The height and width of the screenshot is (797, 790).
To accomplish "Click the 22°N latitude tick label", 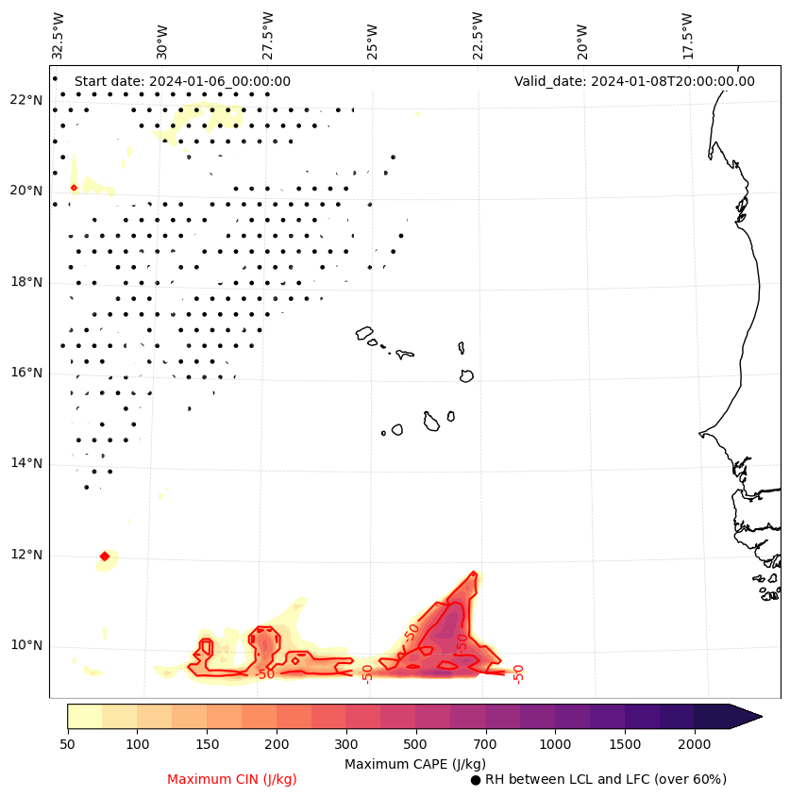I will (x=25, y=100).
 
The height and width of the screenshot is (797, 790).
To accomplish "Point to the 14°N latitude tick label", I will (x=25, y=463).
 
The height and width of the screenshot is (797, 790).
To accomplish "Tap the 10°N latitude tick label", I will (x=25, y=645).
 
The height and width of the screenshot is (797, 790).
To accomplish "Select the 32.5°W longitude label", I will (x=59, y=36).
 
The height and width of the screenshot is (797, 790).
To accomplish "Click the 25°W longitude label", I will (x=372, y=36).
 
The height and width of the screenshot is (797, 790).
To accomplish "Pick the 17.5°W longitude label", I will (x=686, y=36).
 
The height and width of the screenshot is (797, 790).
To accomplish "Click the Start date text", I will (x=182, y=81).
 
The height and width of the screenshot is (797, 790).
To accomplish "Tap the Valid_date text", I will (x=634, y=81).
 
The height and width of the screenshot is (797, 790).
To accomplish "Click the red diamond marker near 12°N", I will (x=104, y=556).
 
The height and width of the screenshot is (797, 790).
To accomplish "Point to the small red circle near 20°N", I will (x=74, y=188).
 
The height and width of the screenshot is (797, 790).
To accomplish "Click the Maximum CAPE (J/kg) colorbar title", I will (x=415, y=763).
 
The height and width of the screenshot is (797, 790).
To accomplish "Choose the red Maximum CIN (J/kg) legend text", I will (x=232, y=779).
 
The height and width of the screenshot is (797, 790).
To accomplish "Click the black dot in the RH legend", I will (x=476, y=780).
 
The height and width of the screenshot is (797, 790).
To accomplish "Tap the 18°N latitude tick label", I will (x=25, y=282).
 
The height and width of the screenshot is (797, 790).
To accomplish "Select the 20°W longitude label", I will (x=581, y=36).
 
